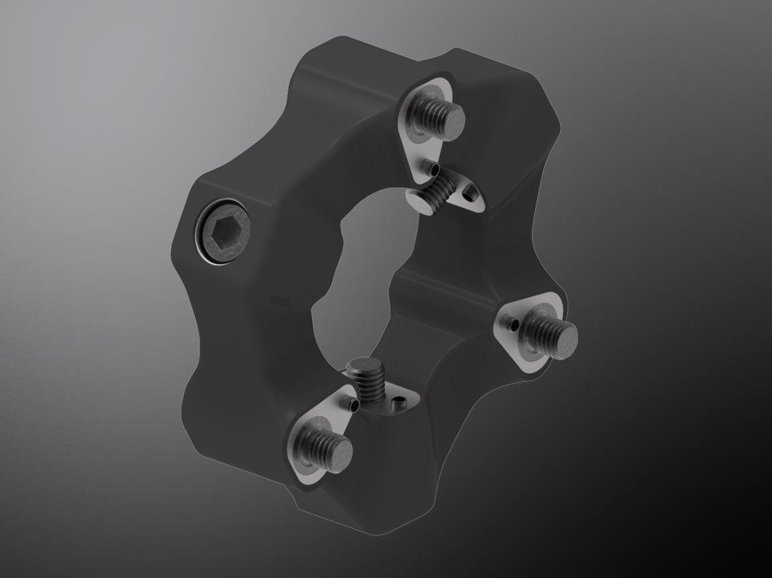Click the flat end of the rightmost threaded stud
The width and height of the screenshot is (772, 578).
pyautogui.click(x=558, y=329)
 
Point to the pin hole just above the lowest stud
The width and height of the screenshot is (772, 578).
pyautogui.click(x=352, y=405)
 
